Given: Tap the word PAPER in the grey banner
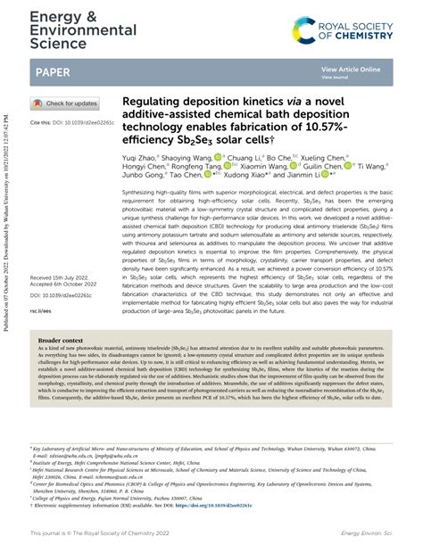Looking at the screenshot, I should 54,71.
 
